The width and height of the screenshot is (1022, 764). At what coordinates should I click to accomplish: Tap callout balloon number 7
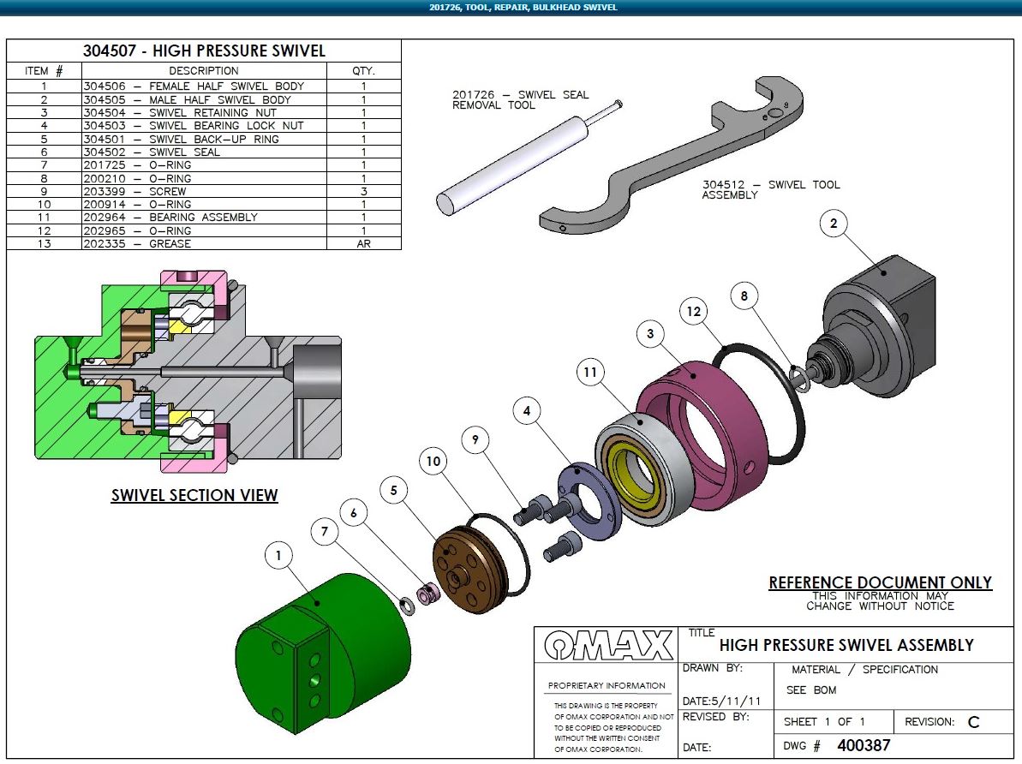click(x=324, y=532)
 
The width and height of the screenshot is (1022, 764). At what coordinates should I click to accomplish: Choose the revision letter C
click(x=973, y=722)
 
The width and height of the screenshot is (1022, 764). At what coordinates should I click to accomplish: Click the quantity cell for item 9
click(x=363, y=191)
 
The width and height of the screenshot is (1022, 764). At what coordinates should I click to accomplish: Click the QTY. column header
click(x=363, y=70)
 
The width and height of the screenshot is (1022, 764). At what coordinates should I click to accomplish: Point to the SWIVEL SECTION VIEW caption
click(x=194, y=495)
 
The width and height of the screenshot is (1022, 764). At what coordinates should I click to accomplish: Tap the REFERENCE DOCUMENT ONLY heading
click(x=880, y=582)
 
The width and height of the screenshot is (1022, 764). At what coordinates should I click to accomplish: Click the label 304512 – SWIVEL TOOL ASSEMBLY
click(x=771, y=189)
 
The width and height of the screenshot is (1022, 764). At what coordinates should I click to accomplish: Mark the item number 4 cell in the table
click(x=44, y=126)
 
